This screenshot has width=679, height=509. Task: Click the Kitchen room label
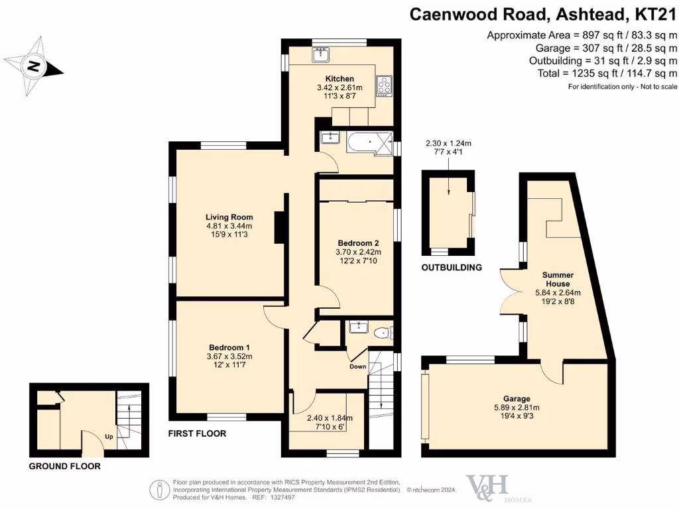tap(339, 78)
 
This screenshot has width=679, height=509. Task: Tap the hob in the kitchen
tap(384, 85)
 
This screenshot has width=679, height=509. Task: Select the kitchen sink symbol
tap(321, 53)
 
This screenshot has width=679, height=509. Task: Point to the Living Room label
tap(229, 217)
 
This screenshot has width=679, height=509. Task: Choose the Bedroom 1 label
tap(229, 347)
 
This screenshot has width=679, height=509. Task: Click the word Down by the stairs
tap(358, 367)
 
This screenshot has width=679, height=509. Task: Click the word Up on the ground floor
tap(109, 437)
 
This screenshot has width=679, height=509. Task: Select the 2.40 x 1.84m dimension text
tap(330, 418)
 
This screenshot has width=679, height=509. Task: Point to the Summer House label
tap(558, 279)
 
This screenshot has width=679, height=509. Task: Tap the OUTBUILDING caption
tap(452, 268)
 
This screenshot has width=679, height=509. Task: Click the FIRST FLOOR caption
tap(198, 434)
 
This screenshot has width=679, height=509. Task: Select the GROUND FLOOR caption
tap(64, 467)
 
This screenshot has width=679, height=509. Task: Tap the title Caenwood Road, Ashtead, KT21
tap(543, 14)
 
